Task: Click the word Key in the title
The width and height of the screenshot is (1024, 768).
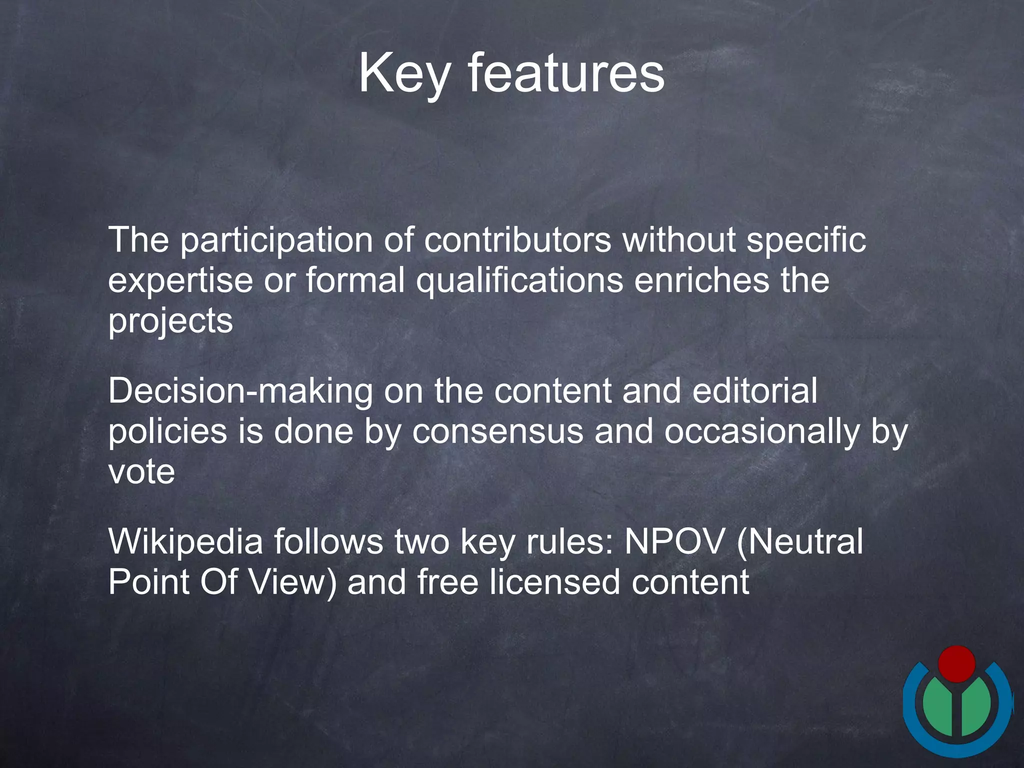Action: (404, 74)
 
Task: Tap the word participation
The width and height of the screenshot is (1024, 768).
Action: (276, 241)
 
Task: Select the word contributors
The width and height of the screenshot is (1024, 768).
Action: (517, 240)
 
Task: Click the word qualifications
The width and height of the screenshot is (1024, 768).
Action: (519, 281)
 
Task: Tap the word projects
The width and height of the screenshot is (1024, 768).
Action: (170, 321)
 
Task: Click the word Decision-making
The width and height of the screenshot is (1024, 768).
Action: (240, 391)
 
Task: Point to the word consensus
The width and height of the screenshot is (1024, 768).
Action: (497, 431)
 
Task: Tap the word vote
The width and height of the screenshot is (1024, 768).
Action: (141, 472)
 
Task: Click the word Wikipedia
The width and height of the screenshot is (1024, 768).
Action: (185, 542)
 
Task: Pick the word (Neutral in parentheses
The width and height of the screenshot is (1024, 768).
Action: (800, 542)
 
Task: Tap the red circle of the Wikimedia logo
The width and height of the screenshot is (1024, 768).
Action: (956, 663)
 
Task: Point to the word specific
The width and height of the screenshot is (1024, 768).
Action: (806, 241)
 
